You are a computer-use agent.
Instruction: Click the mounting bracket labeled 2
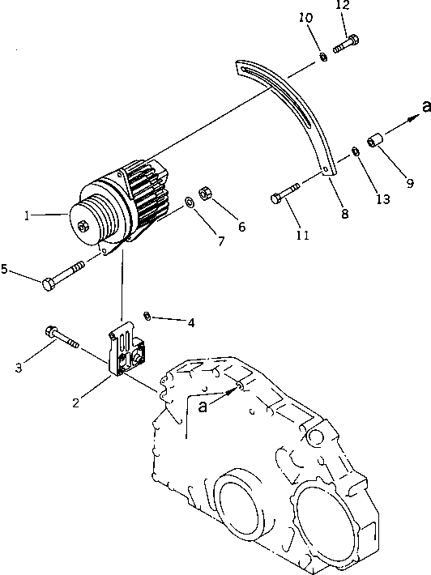click(128, 354)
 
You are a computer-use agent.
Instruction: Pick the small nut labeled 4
click(147, 315)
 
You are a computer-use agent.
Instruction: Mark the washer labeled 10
click(322, 57)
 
